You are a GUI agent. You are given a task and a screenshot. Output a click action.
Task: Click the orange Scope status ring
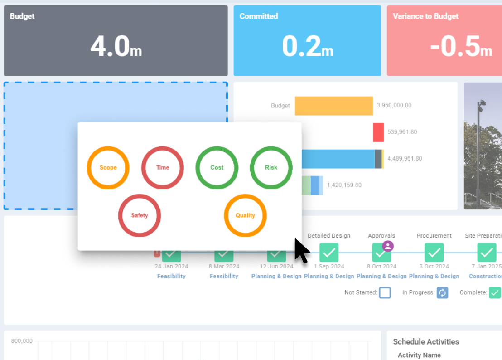108,167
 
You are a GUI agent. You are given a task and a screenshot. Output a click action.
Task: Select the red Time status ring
162,167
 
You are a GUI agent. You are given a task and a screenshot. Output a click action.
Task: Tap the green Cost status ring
217,167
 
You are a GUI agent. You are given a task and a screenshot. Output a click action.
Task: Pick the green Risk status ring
271,167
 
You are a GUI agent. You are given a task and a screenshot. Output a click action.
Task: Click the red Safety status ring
140,215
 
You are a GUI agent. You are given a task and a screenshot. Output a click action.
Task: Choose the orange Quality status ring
245,215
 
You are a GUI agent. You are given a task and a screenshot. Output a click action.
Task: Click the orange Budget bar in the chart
333,106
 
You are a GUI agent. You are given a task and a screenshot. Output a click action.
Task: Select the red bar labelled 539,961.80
378,132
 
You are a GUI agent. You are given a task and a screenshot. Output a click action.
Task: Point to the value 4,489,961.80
405,159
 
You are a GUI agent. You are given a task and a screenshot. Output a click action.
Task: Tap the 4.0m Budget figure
116,47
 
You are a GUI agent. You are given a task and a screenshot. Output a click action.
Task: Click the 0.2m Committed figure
308,47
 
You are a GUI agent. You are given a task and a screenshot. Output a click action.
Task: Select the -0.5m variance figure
461,47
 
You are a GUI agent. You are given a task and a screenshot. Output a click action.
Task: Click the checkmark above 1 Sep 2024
329,253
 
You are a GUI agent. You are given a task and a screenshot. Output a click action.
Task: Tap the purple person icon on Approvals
388,246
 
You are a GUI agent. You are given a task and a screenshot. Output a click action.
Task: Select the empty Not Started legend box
385,292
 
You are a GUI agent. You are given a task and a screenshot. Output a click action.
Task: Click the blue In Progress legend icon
442,292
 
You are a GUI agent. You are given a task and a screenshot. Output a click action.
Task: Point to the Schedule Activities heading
426,342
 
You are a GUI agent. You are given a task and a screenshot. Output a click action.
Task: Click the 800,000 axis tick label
22,341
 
